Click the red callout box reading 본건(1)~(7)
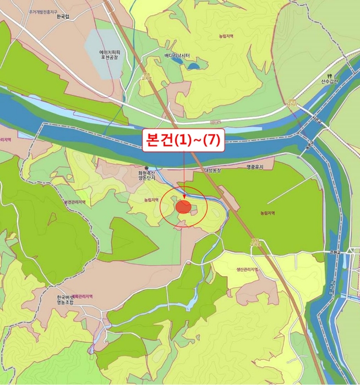click(183, 140)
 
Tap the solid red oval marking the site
click(183, 207)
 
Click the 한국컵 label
click(64, 17)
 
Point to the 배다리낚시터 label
click(177, 56)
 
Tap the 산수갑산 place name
click(330, 82)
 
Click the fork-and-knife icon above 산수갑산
click(330, 75)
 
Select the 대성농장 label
click(212, 170)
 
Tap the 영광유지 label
click(255, 167)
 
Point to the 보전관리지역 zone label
click(74, 202)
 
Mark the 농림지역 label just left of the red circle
click(151, 200)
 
